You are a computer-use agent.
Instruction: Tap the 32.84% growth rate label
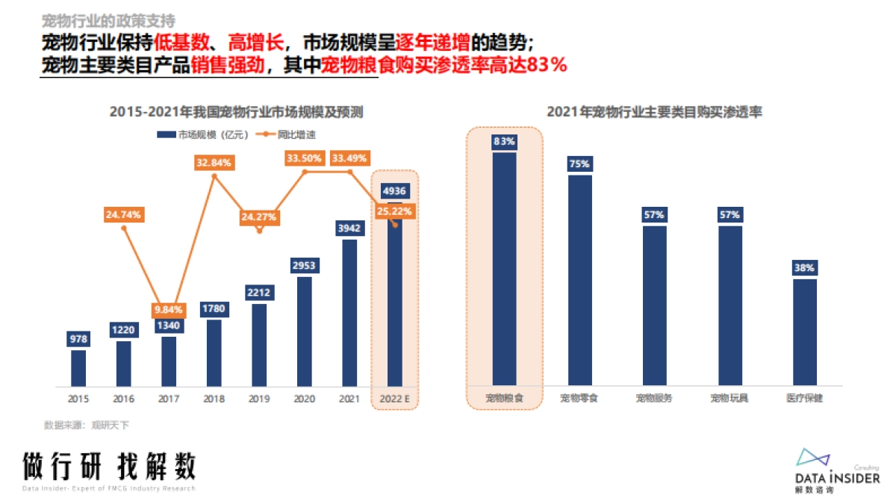[x=214, y=162]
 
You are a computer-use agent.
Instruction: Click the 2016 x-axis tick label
[x=124, y=399]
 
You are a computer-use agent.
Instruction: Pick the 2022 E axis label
[x=395, y=399]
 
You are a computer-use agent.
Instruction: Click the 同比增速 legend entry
[x=278, y=135]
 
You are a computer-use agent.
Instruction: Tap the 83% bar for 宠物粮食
[x=504, y=269]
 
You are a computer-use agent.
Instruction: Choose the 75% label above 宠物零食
[x=579, y=164]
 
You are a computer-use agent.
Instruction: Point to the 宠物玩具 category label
[x=729, y=399]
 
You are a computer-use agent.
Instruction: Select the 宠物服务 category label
[x=654, y=399]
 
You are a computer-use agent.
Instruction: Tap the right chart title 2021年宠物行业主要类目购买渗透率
[x=655, y=113]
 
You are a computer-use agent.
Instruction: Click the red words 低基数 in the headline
[x=178, y=42]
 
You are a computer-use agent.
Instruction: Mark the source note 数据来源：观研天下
[x=87, y=425]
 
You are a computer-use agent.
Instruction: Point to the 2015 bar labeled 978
[x=78, y=368]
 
